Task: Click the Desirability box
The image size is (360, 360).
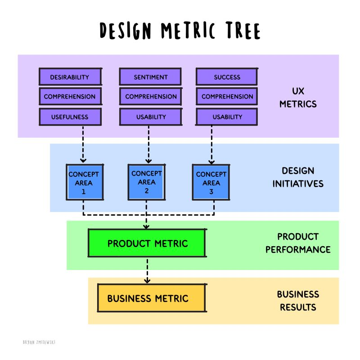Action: point(70,77)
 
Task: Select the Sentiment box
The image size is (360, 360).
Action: point(150,77)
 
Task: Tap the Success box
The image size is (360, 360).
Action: point(227,77)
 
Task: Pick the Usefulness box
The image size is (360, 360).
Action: point(70,117)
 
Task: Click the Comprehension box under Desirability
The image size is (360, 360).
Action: point(70,96)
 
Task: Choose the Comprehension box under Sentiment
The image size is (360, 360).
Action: point(150,96)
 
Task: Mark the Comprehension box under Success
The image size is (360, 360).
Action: point(227,96)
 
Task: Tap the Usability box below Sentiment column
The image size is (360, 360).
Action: point(150,117)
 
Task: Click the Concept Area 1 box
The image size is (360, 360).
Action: point(84,182)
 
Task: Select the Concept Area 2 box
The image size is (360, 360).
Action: point(147,182)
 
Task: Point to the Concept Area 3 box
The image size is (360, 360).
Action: point(211,182)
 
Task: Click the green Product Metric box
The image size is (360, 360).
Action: point(147,243)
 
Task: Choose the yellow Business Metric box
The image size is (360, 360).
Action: point(152,298)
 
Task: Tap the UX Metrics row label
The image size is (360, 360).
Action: point(298,97)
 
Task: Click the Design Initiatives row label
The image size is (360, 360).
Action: point(298,177)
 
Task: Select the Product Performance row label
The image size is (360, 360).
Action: point(298,243)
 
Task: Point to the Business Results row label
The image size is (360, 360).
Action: point(298,301)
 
